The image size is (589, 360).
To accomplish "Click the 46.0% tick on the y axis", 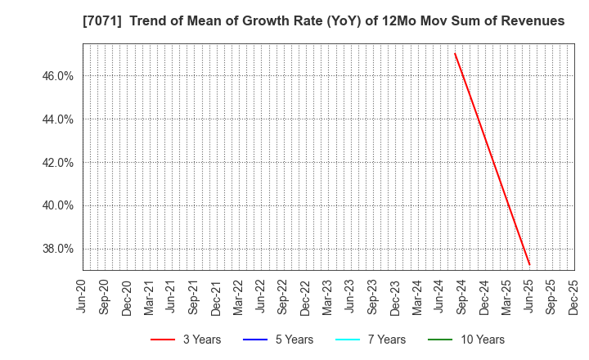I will [x=56, y=76].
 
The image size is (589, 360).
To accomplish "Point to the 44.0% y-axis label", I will [x=56, y=119].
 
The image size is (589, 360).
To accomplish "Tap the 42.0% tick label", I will [x=56, y=163].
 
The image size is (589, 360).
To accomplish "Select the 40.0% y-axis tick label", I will [x=56, y=206].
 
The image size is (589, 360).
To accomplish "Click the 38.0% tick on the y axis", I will [x=56, y=250].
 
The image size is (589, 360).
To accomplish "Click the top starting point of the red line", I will [x=455, y=53].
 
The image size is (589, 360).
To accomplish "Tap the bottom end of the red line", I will [x=529, y=264].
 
